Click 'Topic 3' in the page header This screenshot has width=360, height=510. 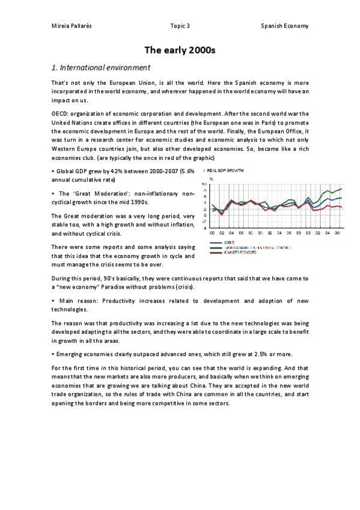(x=180, y=26)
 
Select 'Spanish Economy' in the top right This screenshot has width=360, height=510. (x=284, y=26)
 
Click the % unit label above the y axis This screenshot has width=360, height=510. (x=210, y=179)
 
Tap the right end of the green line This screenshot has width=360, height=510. (x=342, y=189)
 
